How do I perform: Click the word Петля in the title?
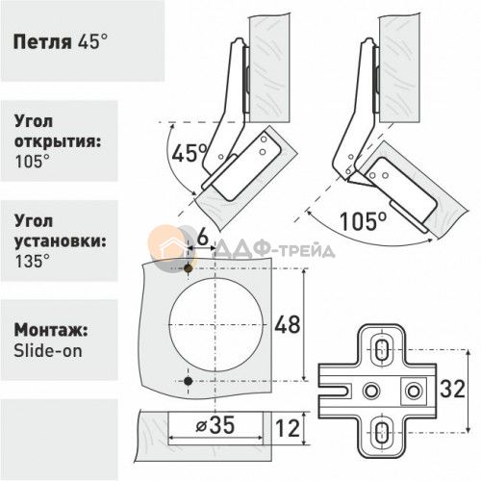coord(42,42)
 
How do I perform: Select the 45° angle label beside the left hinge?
coord(190,153)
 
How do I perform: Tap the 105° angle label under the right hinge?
coord(364,221)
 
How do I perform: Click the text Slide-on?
coord(48,351)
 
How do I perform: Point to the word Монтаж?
coord(51,331)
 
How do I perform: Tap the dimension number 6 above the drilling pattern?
coord(202,238)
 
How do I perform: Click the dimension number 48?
coord(288,324)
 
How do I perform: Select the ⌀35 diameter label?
coord(215,425)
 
